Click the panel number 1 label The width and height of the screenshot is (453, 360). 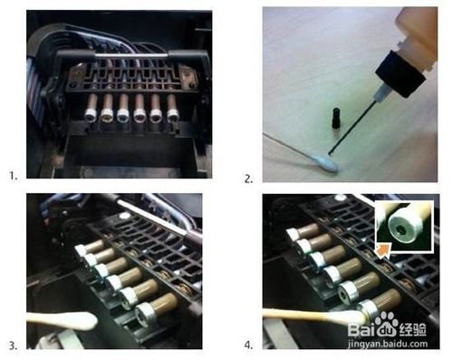[14, 176]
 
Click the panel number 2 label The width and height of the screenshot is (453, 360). [248, 179]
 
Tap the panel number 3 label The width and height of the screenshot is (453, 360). [13, 345]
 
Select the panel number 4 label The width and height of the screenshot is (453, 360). [248, 345]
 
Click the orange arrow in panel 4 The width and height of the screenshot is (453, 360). [381, 250]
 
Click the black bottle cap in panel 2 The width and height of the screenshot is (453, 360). [400, 73]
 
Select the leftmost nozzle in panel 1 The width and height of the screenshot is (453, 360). [91, 108]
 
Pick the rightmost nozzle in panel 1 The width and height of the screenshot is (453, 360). [172, 108]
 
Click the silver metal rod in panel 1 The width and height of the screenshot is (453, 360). [131, 55]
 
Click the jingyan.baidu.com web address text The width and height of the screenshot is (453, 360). [388, 344]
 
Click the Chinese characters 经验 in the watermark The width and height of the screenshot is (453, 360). [413, 329]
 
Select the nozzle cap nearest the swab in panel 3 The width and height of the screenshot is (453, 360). [145, 313]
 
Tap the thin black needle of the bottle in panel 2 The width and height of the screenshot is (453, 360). [352, 127]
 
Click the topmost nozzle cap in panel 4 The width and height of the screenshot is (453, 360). [293, 235]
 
